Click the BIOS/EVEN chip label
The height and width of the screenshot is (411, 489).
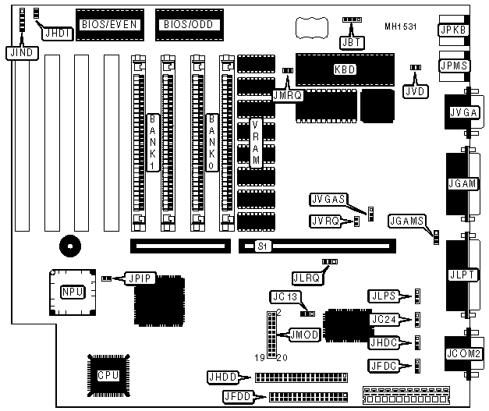coord(109,25)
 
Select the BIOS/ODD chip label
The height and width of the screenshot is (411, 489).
coord(186,25)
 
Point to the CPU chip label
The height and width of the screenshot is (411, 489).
coord(108,375)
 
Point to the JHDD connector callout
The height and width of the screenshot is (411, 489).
coord(222,377)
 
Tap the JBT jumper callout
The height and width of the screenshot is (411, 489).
coord(351,42)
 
